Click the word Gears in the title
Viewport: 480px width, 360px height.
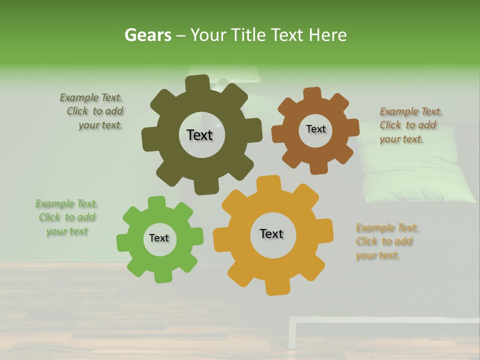pyautogui.click(x=148, y=35)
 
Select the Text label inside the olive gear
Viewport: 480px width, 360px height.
pyautogui.click(x=199, y=135)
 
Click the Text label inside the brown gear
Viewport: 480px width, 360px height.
pyautogui.click(x=315, y=129)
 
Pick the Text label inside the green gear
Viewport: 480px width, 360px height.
pyautogui.click(x=159, y=238)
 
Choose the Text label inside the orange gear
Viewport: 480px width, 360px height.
pyautogui.click(x=271, y=233)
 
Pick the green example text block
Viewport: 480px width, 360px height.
pyautogui.click(x=67, y=217)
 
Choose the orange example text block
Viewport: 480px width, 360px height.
pyautogui.click(x=385, y=241)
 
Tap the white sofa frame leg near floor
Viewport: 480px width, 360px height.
pyautogui.click(x=292, y=337)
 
